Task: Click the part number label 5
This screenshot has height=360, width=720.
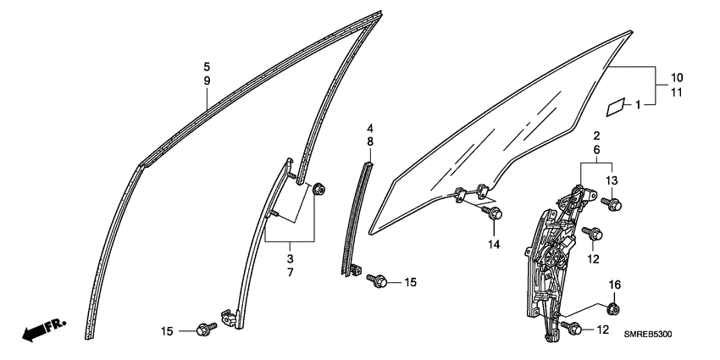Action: click(x=207, y=66)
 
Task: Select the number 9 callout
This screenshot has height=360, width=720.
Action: click(x=207, y=80)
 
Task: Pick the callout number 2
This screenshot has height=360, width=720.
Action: click(x=596, y=136)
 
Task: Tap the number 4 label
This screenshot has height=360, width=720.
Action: click(x=370, y=129)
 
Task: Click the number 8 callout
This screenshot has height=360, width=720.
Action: click(x=370, y=142)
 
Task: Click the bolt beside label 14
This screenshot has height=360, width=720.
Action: click(x=493, y=212)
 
